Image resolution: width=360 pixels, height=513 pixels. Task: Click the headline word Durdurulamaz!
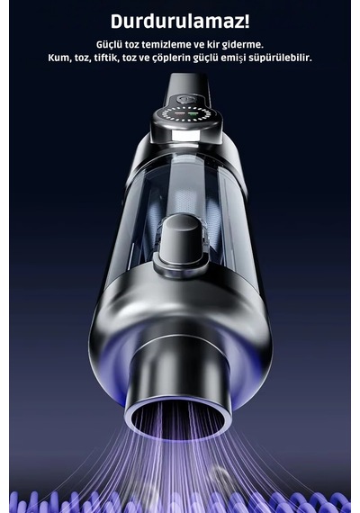click(x=180, y=22)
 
